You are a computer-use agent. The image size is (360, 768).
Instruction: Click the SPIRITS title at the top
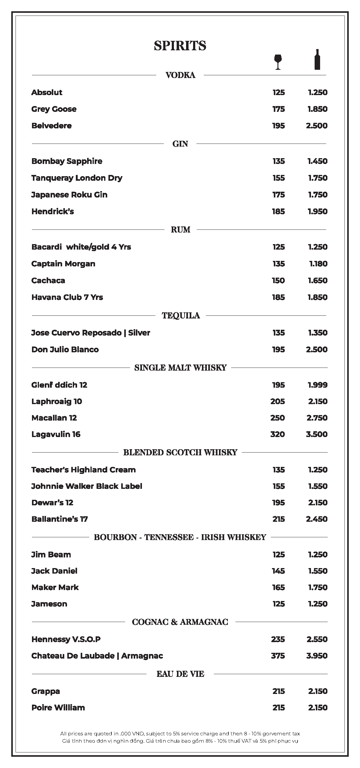180,46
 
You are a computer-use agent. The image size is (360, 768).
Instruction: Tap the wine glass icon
278,62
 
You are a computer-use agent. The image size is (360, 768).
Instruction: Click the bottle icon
317,59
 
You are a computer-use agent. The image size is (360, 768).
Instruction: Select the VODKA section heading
180,75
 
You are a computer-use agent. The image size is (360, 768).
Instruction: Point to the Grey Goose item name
54,109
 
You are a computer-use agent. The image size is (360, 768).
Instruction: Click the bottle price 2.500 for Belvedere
317,126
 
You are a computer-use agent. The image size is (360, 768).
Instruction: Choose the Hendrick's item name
53,212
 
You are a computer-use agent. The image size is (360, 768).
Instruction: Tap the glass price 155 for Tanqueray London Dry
279,178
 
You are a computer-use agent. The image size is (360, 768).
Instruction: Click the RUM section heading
180,230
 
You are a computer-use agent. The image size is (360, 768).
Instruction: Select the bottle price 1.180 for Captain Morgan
318,264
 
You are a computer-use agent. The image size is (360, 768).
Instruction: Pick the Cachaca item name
48,281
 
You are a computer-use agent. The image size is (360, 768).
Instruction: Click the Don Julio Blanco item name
65,350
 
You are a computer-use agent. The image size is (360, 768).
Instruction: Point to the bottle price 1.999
318,385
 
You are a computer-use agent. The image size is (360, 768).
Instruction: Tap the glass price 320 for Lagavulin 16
277,434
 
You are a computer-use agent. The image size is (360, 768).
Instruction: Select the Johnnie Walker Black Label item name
87,486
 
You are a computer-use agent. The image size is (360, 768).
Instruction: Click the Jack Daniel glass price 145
278,571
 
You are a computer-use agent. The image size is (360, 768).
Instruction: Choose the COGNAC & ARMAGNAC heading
180,622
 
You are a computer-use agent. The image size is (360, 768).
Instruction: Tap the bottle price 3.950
317,656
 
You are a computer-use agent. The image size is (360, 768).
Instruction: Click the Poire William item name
58,708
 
